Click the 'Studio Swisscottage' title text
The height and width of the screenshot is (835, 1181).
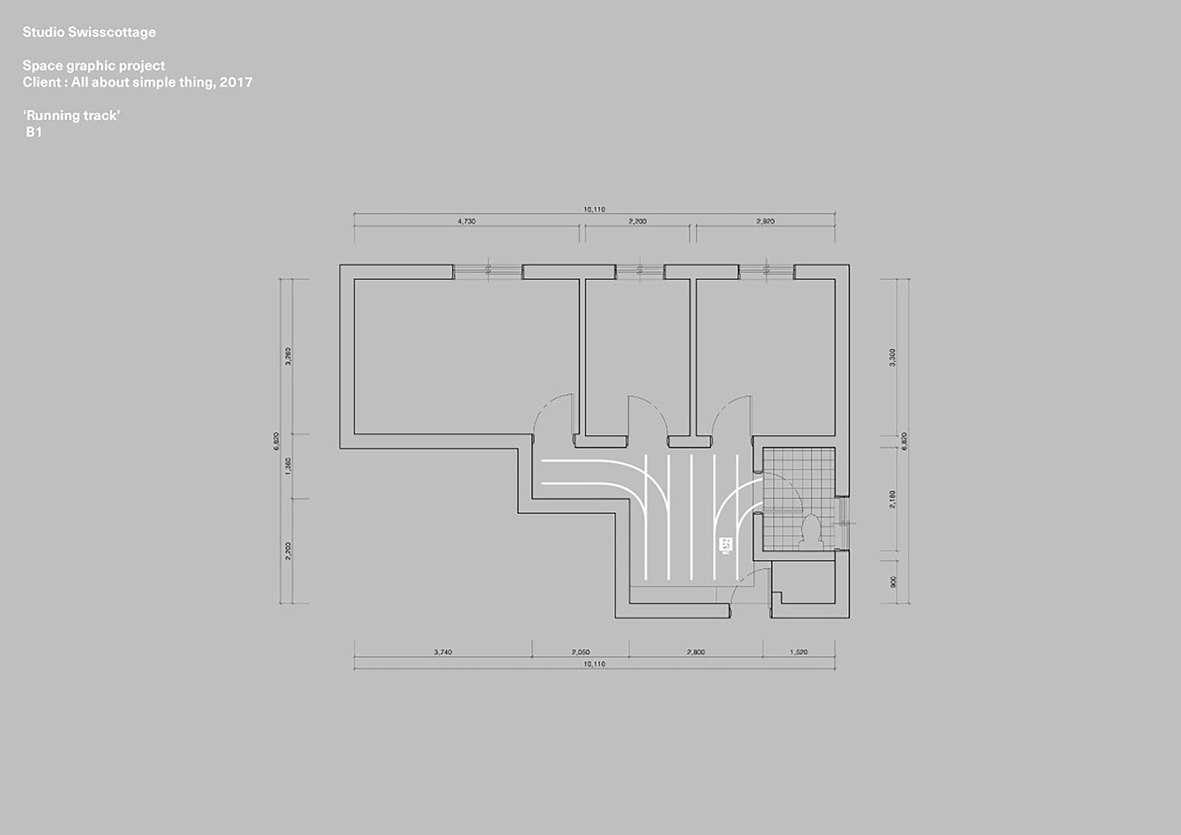point(89,33)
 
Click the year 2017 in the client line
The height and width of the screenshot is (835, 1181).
point(236,82)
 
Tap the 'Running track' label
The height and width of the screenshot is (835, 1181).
point(71,116)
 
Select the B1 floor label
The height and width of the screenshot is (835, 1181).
point(34,132)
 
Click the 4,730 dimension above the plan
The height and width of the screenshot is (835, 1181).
point(466,221)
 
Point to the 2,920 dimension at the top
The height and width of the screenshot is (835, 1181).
point(765,221)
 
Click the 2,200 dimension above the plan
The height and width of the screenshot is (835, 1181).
point(637,221)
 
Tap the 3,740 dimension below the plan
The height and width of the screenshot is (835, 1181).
point(443,652)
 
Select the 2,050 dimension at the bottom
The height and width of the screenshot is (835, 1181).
point(581,652)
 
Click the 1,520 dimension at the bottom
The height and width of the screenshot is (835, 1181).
point(798,652)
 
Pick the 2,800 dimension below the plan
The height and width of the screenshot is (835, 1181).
point(696,652)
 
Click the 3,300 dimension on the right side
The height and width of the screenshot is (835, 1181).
point(893,357)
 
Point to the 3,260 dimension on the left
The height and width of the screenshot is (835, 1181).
point(288,356)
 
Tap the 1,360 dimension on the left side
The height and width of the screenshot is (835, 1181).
point(288,465)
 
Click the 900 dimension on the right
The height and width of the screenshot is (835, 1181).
point(893,582)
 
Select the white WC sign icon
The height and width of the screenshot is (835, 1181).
point(726,544)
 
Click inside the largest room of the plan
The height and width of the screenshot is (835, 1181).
point(466,357)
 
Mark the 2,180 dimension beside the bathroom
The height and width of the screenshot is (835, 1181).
point(893,499)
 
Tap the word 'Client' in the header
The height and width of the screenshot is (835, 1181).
point(42,82)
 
